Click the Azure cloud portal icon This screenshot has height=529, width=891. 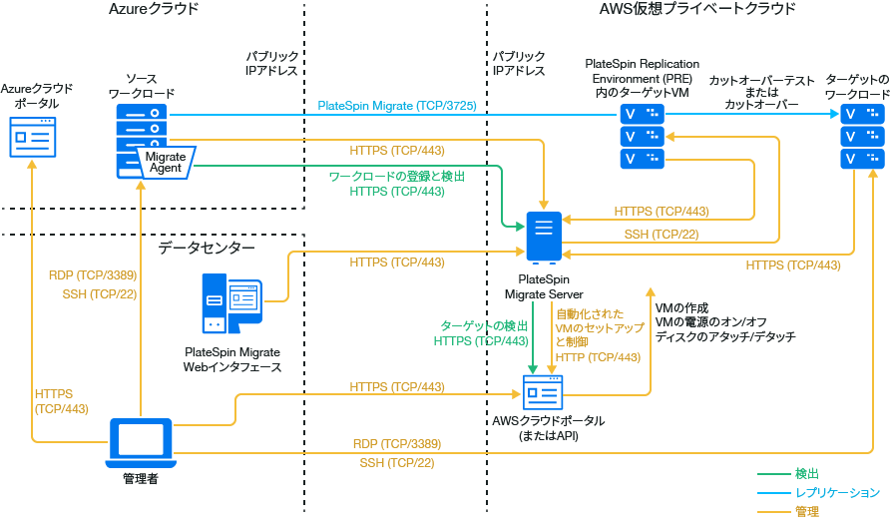33,136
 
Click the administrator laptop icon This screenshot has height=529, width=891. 140,441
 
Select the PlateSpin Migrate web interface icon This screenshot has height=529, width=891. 230,305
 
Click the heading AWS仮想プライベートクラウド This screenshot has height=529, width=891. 697,9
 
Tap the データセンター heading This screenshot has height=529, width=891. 207,248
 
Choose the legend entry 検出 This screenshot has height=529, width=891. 807,474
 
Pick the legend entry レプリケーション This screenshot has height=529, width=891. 837,493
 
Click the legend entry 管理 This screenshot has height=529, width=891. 807,511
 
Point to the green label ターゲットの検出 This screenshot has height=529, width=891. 484,326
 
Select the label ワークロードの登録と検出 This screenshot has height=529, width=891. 396,176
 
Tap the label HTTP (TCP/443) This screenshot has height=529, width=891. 598,357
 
